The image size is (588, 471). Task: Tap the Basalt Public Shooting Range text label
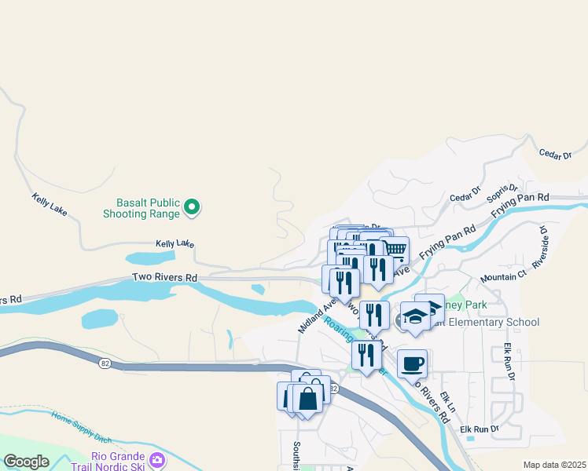144,207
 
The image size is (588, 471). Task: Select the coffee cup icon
412,363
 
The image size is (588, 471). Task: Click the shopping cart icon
395,250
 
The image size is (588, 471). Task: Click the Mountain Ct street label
503,276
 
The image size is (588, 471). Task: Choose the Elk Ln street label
446,399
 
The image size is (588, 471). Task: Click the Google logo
26,461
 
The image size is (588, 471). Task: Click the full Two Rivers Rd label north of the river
164,277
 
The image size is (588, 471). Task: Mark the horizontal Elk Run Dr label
480,429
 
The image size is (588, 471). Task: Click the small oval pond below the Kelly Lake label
150,257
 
